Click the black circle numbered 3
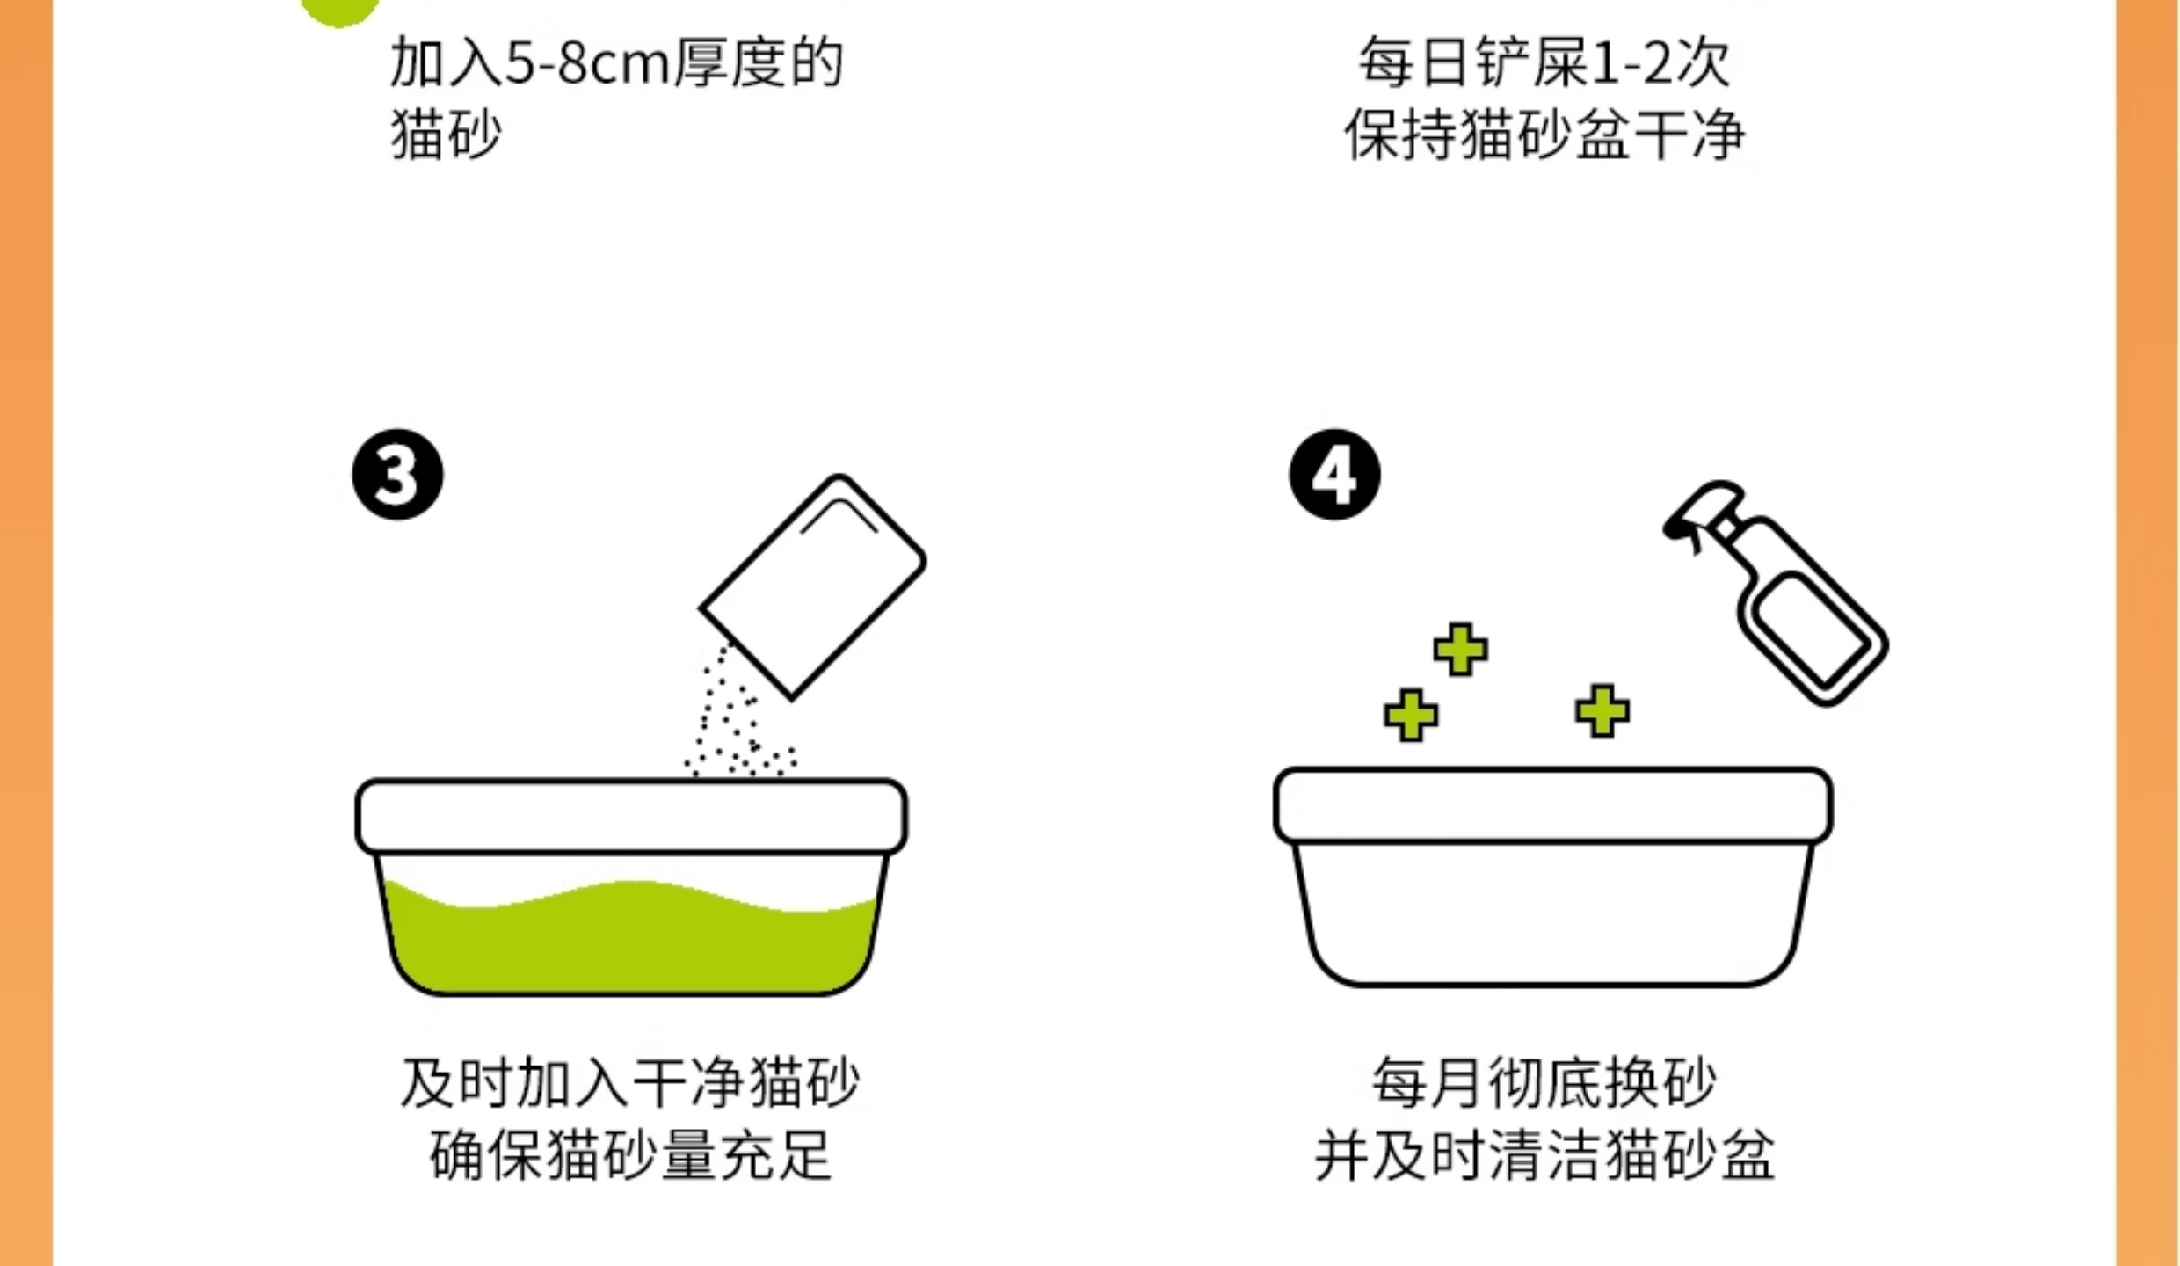click(x=397, y=475)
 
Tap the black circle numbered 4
click(x=1334, y=475)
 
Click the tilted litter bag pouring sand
click(x=813, y=586)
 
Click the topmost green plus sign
click(x=1460, y=650)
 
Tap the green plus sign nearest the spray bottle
click(x=1602, y=710)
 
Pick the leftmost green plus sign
click(x=1411, y=715)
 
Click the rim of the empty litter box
click(x=1552, y=805)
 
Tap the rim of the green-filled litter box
click(x=631, y=816)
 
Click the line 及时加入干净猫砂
click(x=629, y=1083)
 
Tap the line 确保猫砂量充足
click(x=629, y=1155)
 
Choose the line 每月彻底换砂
click(x=1544, y=1083)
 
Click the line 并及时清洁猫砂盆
click(x=1544, y=1155)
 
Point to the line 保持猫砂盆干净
click(x=1544, y=136)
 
